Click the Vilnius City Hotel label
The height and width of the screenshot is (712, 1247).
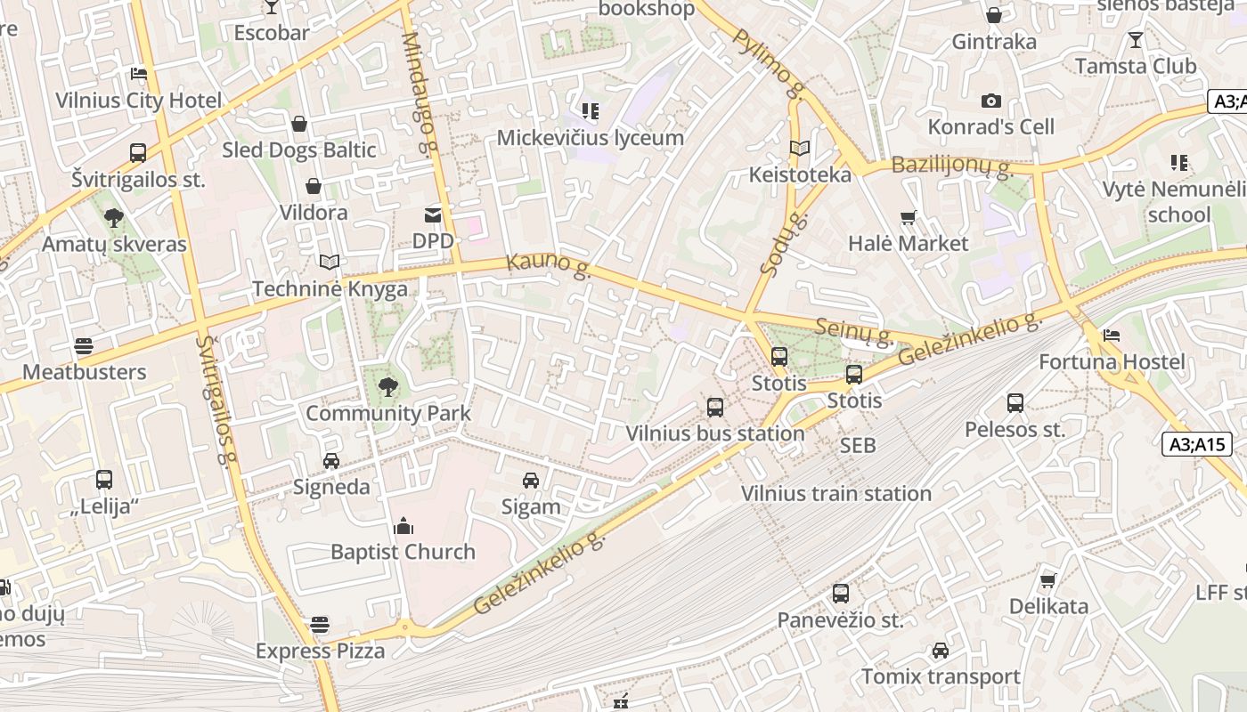138,100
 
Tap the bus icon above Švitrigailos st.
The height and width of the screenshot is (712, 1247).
138,153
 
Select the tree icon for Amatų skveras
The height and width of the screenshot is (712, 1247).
113,217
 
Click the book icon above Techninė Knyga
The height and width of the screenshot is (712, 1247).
330,263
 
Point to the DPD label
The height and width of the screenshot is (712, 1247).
433,241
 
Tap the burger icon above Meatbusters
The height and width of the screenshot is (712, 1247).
84,345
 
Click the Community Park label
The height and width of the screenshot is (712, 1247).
387,414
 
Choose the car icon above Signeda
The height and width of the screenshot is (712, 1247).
331,460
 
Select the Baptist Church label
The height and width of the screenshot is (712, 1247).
403,552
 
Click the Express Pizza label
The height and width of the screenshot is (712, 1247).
320,651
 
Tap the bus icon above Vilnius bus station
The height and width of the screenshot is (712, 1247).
715,408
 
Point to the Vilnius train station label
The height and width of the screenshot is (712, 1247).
835,494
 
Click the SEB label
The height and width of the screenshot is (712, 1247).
858,445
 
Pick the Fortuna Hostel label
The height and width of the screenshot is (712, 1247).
1112,362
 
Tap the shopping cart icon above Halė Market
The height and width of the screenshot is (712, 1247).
909,217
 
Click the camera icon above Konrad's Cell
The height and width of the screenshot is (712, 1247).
991,101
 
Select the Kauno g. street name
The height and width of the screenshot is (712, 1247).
549,266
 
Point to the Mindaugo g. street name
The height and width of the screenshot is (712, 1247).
421,77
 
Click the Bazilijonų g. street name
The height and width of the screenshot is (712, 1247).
951,165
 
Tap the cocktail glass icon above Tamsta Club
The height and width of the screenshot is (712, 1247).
1135,40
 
